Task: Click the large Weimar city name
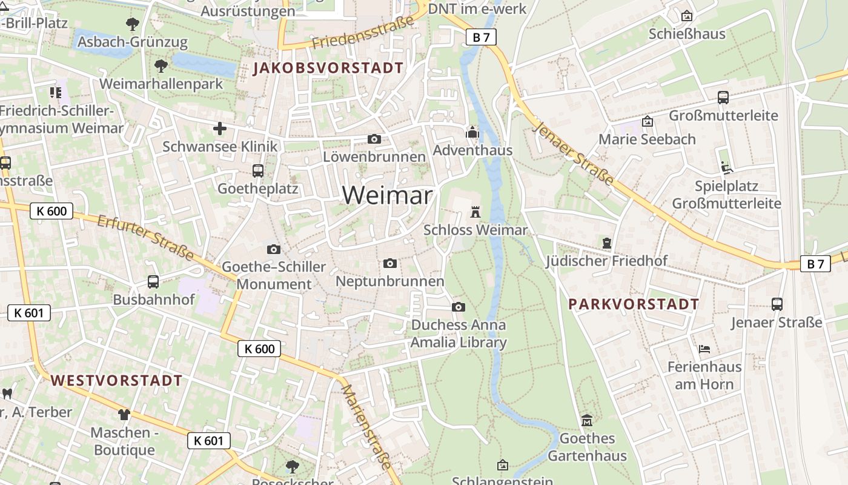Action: (387, 195)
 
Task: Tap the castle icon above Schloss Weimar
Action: (475, 212)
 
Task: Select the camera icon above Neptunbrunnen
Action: (390, 263)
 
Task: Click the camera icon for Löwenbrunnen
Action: (374, 139)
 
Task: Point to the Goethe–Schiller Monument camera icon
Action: (274, 249)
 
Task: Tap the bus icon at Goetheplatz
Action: (258, 171)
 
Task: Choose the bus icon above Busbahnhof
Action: (153, 282)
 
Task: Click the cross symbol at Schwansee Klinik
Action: (220, 129)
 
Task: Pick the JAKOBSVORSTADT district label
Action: (328, 68)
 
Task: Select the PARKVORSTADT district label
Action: (634, 304)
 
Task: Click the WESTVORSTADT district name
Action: (116, 381)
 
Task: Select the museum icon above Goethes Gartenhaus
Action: (587, 420)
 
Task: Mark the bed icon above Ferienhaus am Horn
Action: (704, 349)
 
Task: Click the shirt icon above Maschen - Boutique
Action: (124, 415)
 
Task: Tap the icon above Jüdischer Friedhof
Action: (607, 243)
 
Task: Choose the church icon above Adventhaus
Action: (472, 132)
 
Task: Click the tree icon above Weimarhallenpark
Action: (161, 65)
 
